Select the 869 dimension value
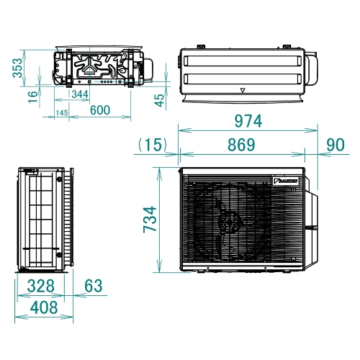(x=242, y=144)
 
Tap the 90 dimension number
(x=335, y=144)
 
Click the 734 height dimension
(x=148, y=218)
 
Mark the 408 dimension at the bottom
(x=45, y=308)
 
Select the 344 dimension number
(x=80, y=95)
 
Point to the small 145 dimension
(x=61, y=114)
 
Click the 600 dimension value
(x=100, y=110)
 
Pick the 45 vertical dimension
(x=158, y=100)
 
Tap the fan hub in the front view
(x=229, y=220)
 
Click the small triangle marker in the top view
(x=243, y=91)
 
